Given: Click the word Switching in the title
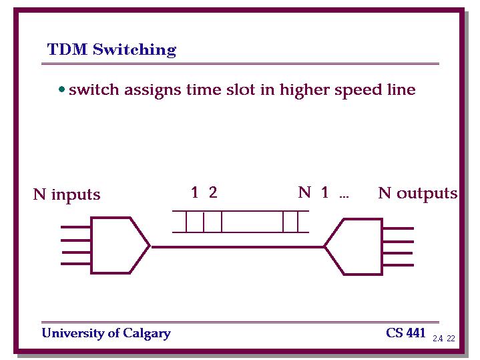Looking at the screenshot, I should click(x=135, y=50).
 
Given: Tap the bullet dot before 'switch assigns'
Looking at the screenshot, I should click(x=61, y=89).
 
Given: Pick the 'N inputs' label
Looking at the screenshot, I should click(x=66, y=194).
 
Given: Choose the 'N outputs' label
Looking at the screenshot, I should click(x=417, y=193).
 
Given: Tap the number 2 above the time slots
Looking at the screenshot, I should click(x=213, y=193).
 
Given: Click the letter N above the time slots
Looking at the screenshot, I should click(x=304, y=193).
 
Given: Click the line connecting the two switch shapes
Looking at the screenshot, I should click(x=237, y=246).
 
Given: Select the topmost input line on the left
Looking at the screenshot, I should click(x=75, y=227).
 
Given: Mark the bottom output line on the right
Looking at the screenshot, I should click(x=399, y=264).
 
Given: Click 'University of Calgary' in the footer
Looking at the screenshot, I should click(x=106, y=333).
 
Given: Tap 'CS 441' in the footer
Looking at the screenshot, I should click(x=405, y=333).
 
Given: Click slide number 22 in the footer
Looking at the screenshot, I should click(x=451, y=339).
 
